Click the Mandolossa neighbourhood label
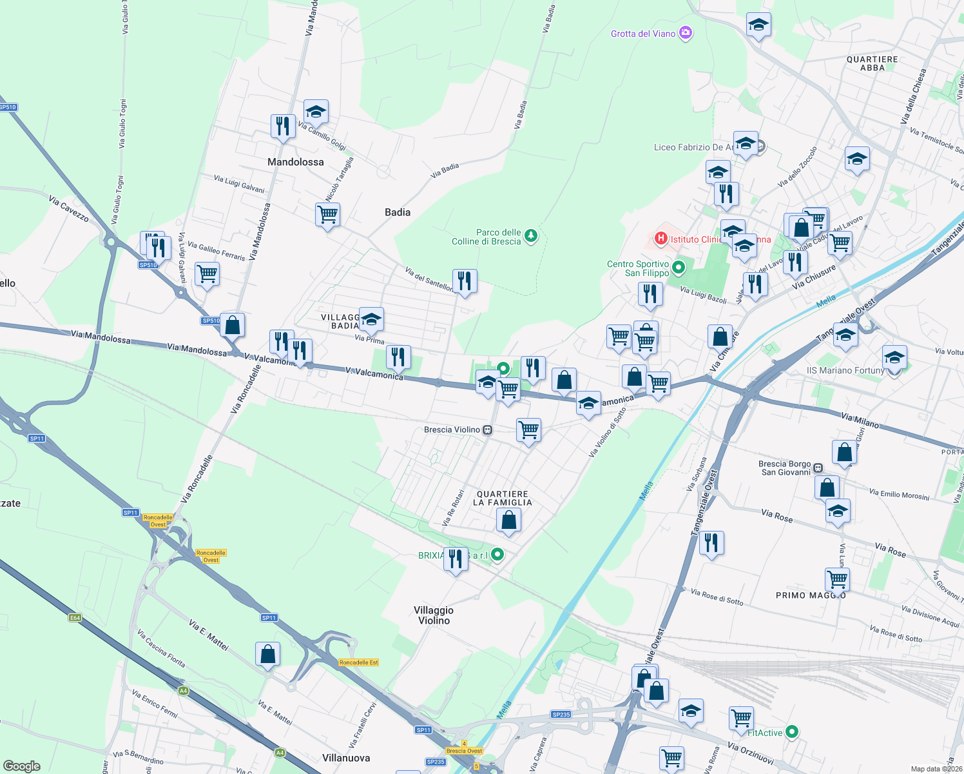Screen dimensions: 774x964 click(x=296, y=162)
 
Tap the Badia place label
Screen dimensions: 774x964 click(x=398, y=212)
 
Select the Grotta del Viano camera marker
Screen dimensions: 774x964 click(x=686, y=33)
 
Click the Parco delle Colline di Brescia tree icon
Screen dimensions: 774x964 click(x=530, y=236)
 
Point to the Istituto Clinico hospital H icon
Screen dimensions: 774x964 click(x=660, y=239)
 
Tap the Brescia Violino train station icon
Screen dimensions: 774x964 click(x=487, y=430)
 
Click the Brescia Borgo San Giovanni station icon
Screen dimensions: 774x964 click(x=818, y=468)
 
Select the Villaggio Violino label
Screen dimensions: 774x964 click(x=434, y=615)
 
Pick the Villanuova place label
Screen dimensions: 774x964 click(x=346, y=758)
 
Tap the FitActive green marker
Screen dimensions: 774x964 click(x=792, y=732)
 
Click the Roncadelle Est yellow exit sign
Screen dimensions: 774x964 click(x=359, y=662)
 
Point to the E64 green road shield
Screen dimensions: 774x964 click(x=75, y=618)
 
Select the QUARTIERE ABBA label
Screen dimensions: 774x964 click(x=872, y=63)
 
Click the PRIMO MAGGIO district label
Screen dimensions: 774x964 click(x=811, y=595)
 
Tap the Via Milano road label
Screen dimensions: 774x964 click(x=860, y=421)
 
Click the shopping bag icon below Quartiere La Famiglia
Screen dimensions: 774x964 click(x=508, y=520)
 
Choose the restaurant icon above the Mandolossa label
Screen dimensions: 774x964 click(x=283, y=126)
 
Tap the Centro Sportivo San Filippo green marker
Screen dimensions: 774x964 click(x=678, y=267)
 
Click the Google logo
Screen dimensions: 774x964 click(x=22, y=766)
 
